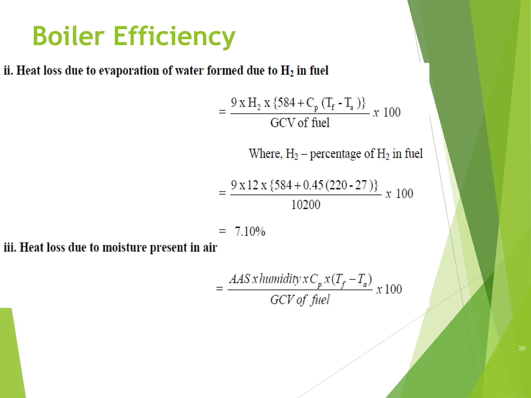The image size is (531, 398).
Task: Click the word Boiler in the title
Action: (68, 36)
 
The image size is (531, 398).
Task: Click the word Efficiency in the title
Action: (174, 37)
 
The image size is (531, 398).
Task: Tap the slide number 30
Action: (522, 348)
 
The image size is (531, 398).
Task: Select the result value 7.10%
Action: (250, 231)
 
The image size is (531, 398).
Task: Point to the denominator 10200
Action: (306, 205)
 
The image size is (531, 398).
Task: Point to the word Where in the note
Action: (264, 153)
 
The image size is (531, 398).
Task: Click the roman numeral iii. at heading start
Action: (10, 247)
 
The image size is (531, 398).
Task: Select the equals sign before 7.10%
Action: (222, 231)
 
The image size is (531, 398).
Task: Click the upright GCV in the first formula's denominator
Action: (283, 123)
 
